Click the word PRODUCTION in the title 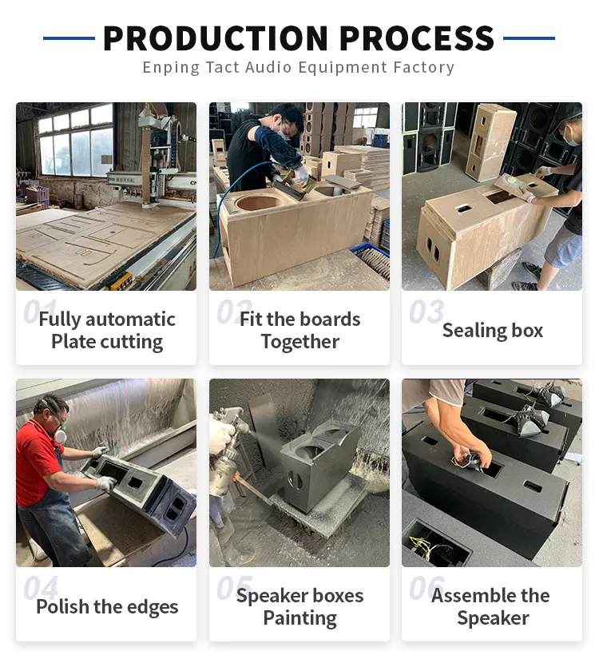pyautogui.click(x=216, y=38)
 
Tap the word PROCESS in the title pyautogui.click(x=417, y=38)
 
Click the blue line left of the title pyautogui.click(x=69, y=38)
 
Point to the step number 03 pyautogui.click(x=426, y=312)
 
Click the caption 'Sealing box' pyautogui.click(x=493, y=331)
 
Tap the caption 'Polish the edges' pyautogui.click(x=107, y=607)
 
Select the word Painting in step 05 pyautogui.click(x=299, y=618)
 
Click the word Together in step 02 pyautogui.click(x=300, y=342)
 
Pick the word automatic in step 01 pyautogui.click(x=130, y=320)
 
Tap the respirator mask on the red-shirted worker pyautogui.click(x=61, y=435)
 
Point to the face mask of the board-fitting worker pyautogui.click(x=283, y=133)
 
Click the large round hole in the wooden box pyautogui.click(x=258, y=203)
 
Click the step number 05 pyautogui.click(x=234, y=588)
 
